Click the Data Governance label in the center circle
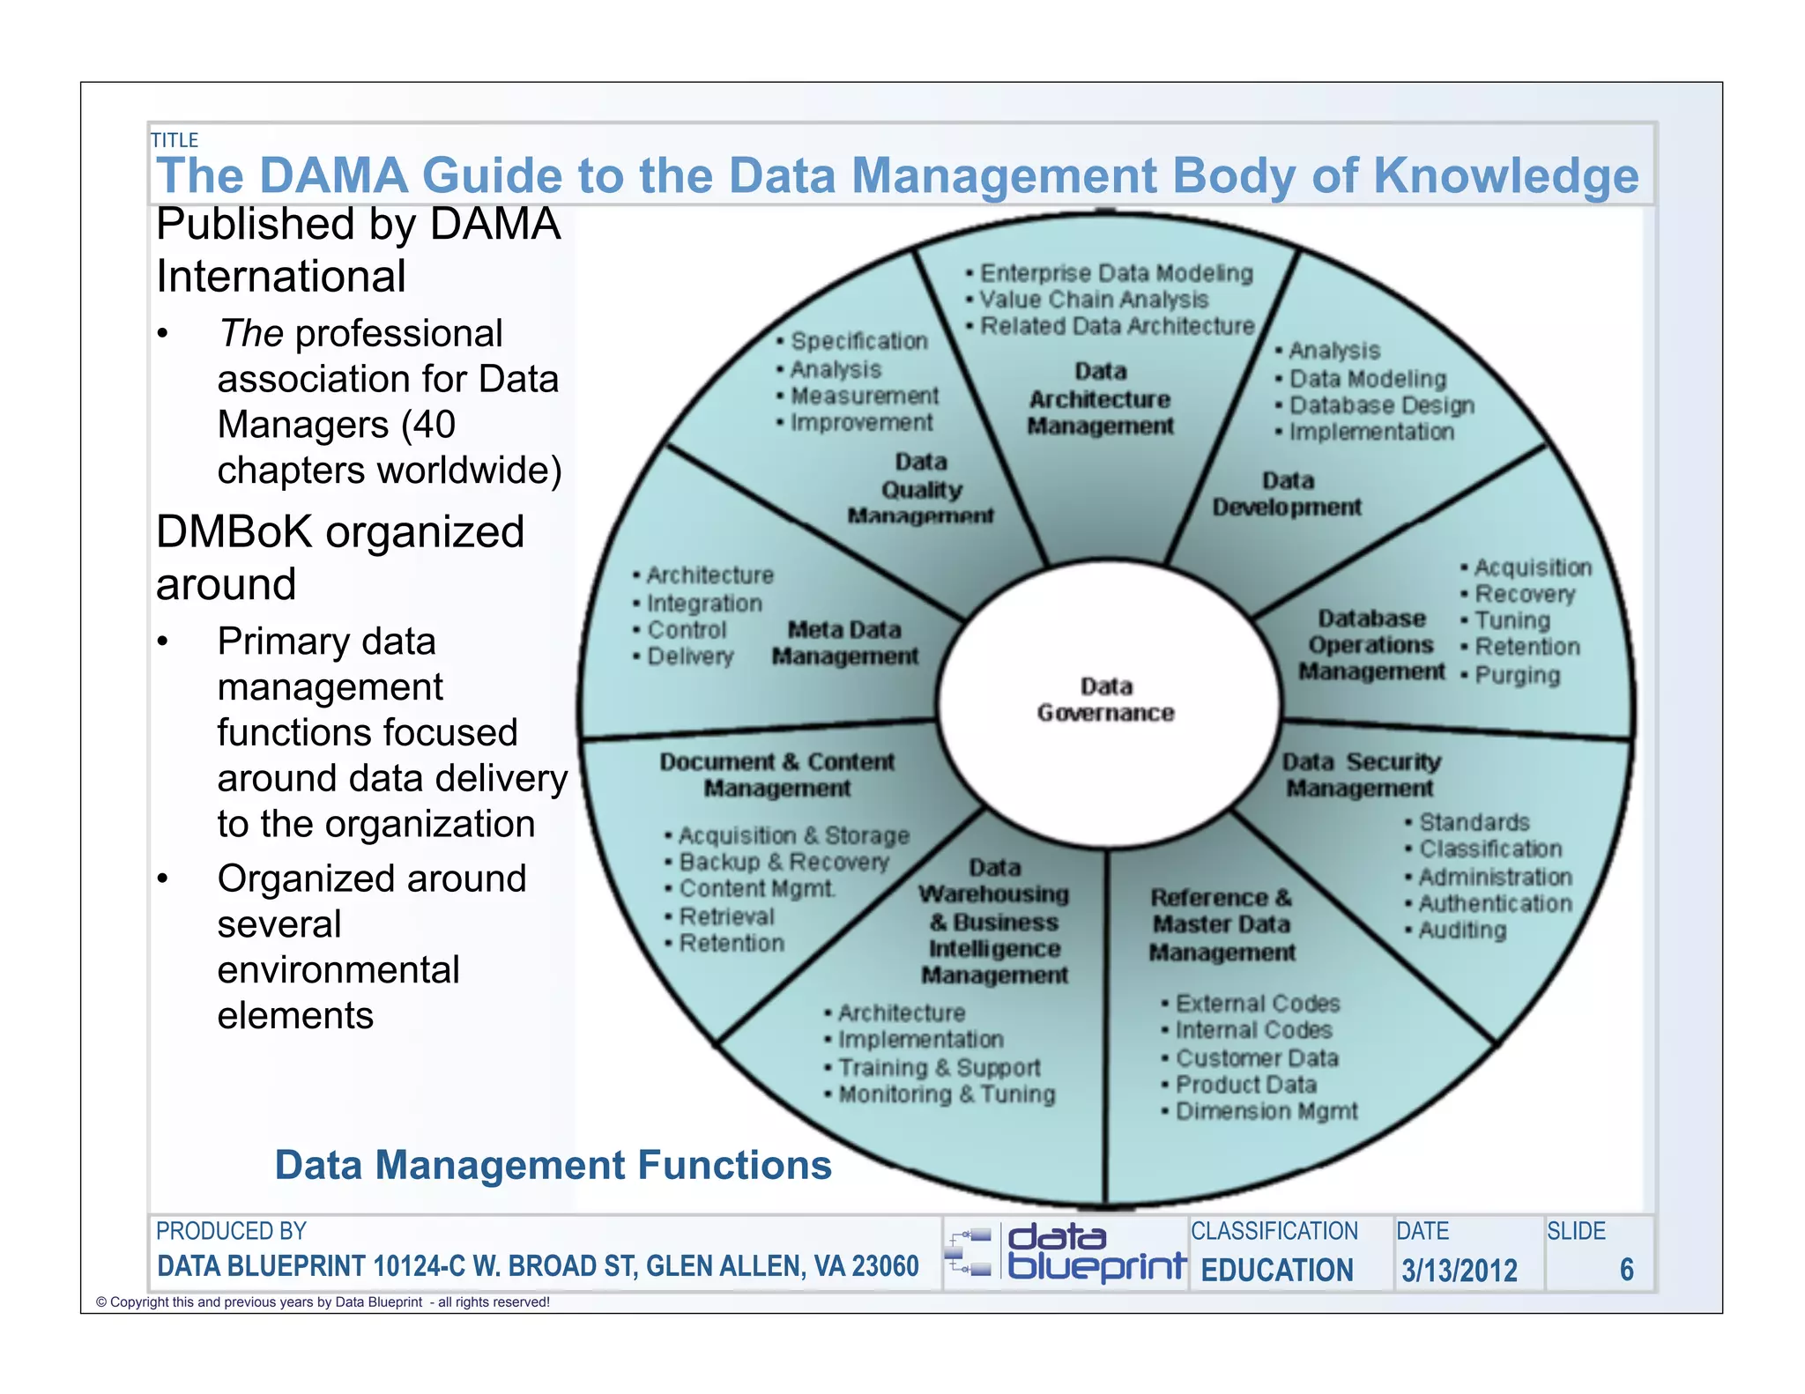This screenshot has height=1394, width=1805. click(x=1106, y=700)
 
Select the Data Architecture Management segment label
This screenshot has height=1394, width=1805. click(x=1101, y=399)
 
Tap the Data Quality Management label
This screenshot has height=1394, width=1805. click(x=921, y=489)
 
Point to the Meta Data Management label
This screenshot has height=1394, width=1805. click(x=845, y=643)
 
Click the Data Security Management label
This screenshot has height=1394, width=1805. click(x=1361, y=775)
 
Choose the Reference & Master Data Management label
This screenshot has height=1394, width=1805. click(x=1222, y=925)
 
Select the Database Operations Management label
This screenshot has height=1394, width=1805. click(x=1371, y=645)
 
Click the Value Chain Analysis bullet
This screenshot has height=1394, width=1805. click(x=1094, y=300)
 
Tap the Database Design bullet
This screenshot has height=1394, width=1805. click(x=1381, y=405)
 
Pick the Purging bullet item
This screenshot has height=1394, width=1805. click(x=1517, y=675)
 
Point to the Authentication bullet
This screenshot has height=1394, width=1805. click(x=1495, y=903)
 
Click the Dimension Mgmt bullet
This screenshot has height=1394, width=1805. click(x=1266, y=1111)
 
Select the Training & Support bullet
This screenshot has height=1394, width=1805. click(x=939, y=1067)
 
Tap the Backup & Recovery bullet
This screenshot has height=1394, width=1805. click(x=784, y=862)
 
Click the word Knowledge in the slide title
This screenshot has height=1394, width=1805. click(x=1505, y=175)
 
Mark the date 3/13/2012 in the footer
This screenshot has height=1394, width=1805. click(x=1460, y=1270)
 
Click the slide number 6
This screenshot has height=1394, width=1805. click(x=1626, y=1270)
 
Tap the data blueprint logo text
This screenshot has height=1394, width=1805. click(x=1096, y=1252)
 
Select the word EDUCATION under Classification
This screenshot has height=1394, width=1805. click(x=1277, y=1270)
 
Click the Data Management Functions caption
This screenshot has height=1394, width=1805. click(x=553, y=1165)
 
